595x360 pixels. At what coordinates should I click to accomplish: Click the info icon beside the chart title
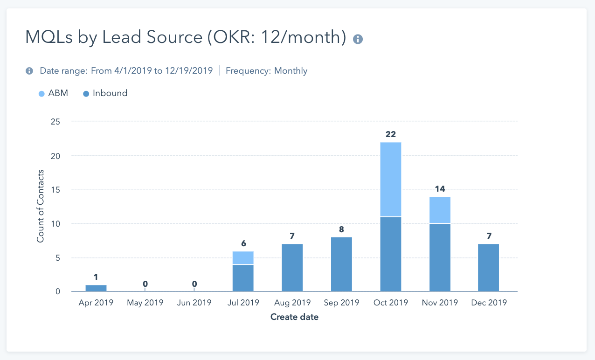(x=358, y=39)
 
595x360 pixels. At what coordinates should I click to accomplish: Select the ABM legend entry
(x=53, y=93)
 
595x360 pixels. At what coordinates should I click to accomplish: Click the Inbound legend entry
(x=105, y=93)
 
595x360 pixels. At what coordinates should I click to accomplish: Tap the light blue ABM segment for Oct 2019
(x=391, y=180)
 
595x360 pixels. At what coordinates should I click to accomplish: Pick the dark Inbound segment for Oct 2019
(x=391, y=254)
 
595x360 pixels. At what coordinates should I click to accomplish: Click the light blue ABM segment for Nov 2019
(x=440, y=210)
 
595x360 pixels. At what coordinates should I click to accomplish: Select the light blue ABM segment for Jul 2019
(x=243, y=258)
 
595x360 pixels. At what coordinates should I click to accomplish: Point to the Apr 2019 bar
(x=96, y=288)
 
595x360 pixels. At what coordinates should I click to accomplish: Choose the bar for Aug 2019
(x=292, y=268)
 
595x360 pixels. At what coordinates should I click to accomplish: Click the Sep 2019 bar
(x=341, y=264)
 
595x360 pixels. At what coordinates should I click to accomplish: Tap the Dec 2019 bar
(x=489, y=268)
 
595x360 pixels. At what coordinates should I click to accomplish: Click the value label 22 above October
(x=391, y=135)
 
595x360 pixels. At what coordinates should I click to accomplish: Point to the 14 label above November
(x=440, y=189)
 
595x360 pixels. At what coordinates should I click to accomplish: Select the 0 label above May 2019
(x=145, y=284)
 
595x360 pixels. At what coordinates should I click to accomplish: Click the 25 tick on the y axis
(x=55, y=122)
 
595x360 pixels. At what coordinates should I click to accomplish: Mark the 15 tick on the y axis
(x=55, y=190)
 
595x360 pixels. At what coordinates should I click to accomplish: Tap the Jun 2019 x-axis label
(x=194, y=303)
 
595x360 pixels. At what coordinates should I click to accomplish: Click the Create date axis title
(x=295, y=317)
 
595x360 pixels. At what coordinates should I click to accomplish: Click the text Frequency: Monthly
(x=266, y=71)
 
